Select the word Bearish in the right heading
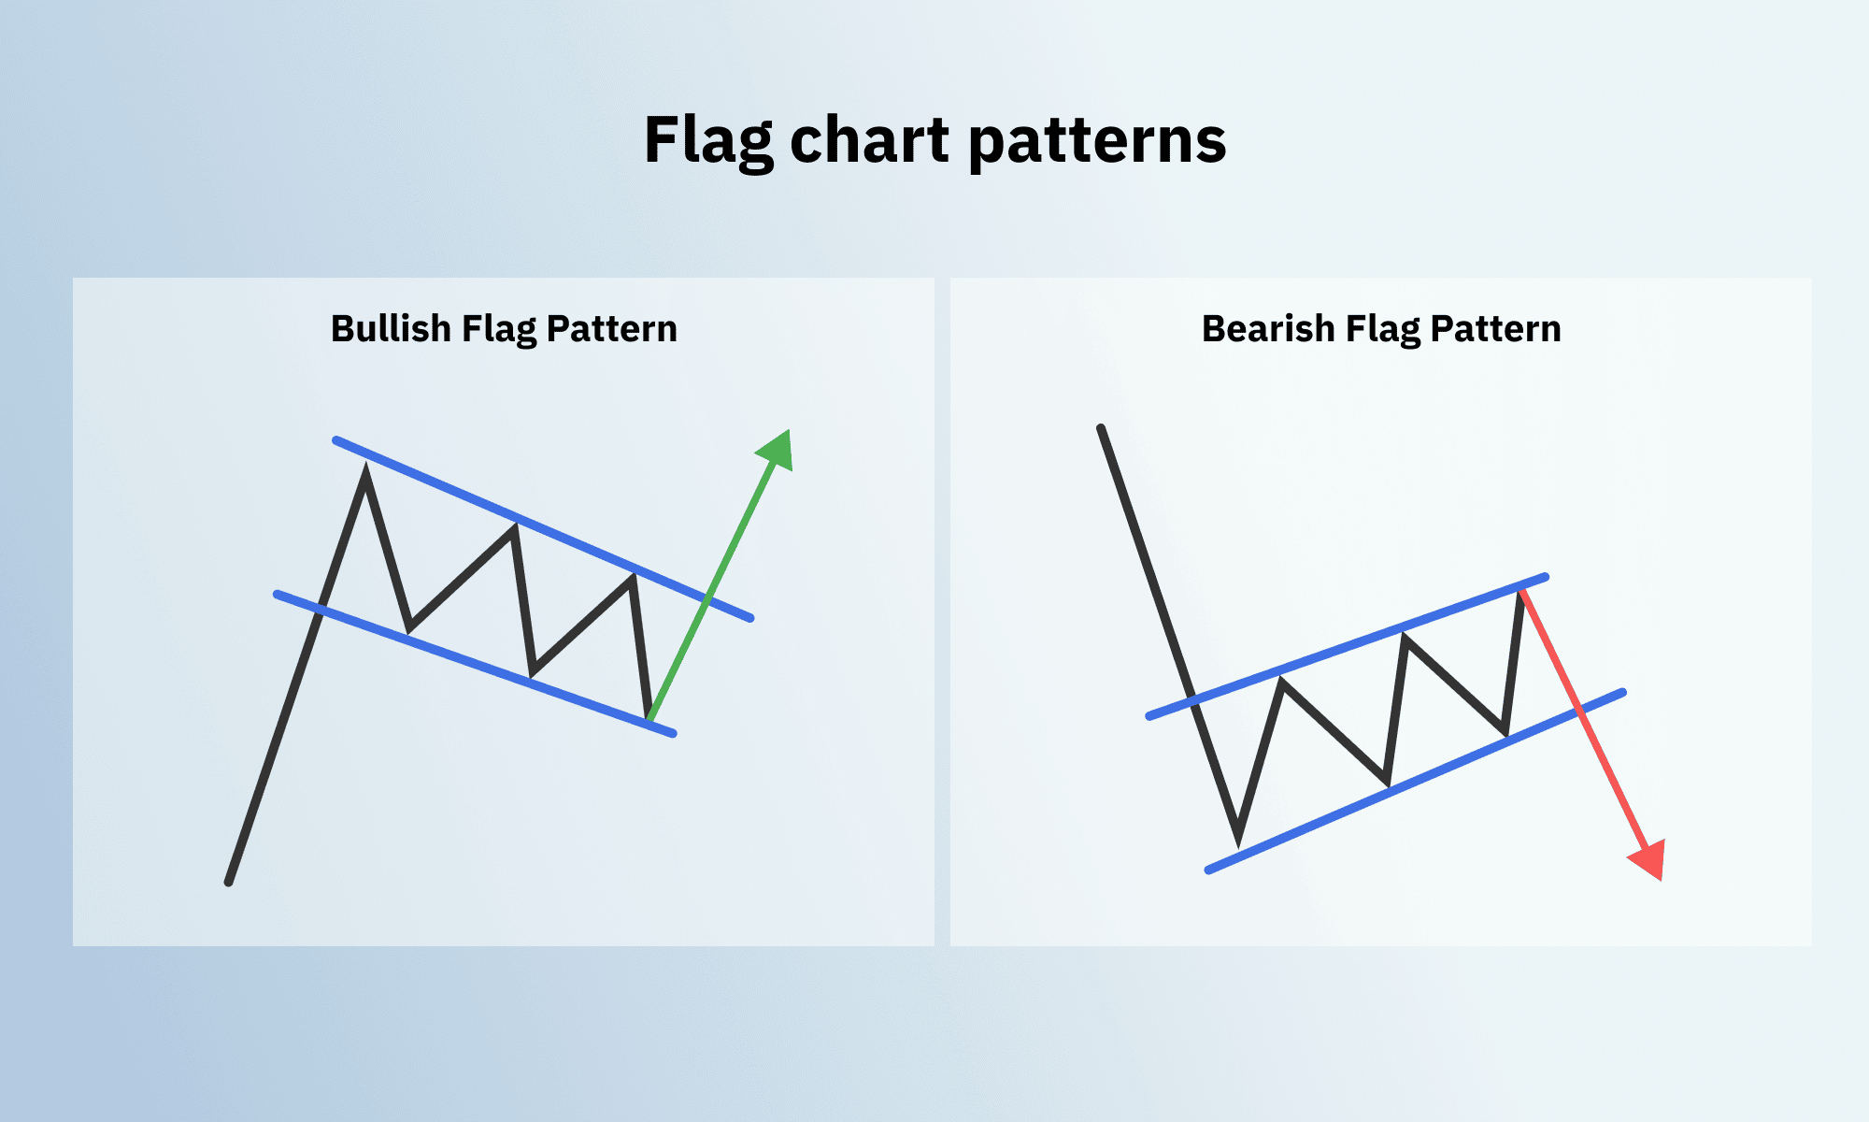1267,328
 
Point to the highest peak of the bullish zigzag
365,469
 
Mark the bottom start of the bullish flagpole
229,882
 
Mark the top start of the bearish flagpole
1101,428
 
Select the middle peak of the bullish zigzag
515,527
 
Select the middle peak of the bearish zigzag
1404,637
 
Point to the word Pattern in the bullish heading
611,328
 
